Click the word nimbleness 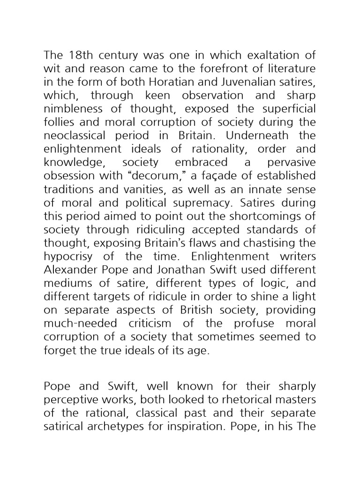tap(74, 109)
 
